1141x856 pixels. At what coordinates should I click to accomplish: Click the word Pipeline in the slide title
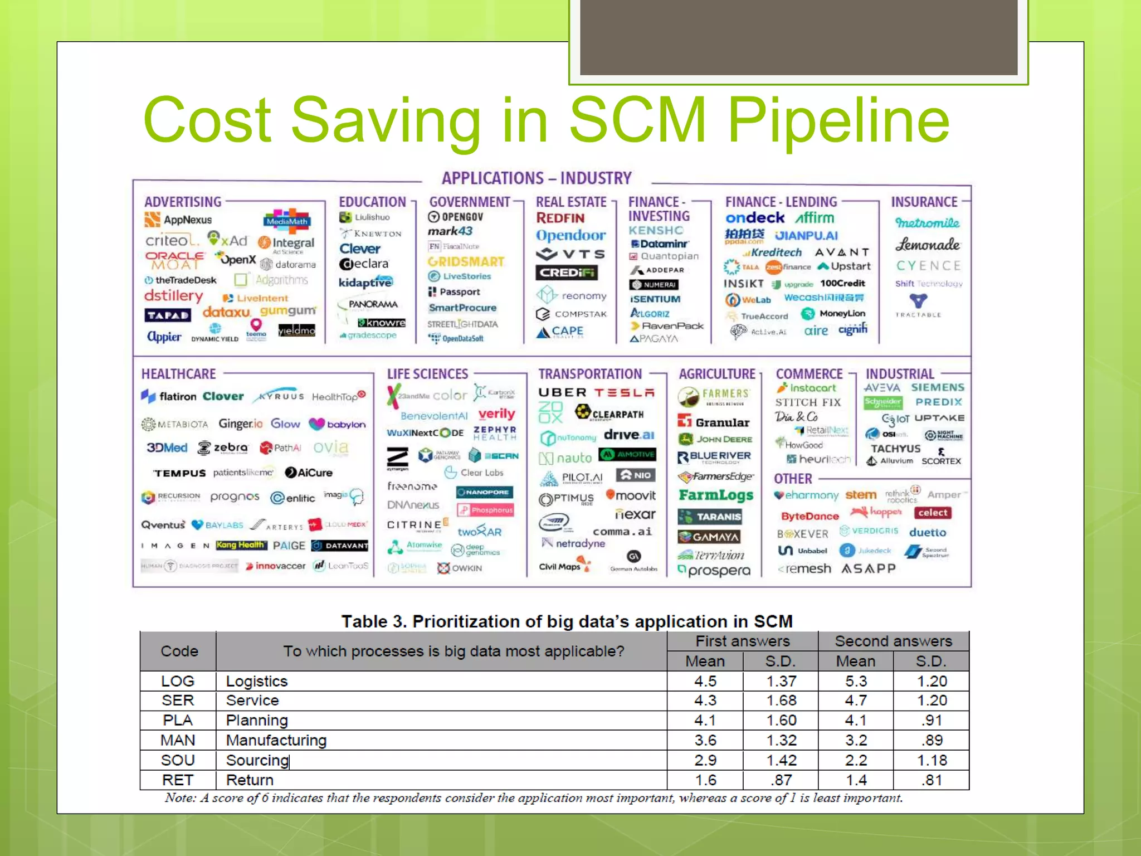(x=838, y=120)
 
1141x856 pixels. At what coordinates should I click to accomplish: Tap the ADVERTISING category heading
(x=183, y=202)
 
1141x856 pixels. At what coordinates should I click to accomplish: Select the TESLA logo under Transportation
(x=624, y=393)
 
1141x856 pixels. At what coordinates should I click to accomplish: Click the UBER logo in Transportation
(x=562, y=393)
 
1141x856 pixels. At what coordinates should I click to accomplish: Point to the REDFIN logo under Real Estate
(x=560, y=218)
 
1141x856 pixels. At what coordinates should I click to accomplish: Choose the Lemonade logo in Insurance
(x=927, y=245)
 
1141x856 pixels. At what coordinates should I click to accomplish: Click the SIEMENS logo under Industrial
(x=937, y=387)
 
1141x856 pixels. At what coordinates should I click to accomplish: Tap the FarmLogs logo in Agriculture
(x=716, y=495)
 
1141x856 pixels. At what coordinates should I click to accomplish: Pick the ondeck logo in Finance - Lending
(x=755, y=218)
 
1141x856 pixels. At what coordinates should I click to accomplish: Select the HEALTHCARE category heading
(x=178, y=374)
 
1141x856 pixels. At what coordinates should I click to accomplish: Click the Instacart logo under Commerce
(x=807, y=388)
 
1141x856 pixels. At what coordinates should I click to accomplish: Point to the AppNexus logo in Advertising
(x=179, y=220)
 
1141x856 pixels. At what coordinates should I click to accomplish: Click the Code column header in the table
(x=179, y=651)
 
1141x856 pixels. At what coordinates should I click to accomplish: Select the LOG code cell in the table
(x=178, y=681)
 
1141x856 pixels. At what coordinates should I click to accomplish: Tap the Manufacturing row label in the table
(x=276, y=740)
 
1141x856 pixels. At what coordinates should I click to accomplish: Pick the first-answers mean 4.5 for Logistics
(x=705, y=681)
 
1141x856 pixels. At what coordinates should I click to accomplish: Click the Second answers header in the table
(x=893, y=641)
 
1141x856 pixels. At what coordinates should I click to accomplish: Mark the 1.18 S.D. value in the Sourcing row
(x=932, y=760)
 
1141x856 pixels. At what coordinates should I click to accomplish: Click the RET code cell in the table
(x=178, y=780)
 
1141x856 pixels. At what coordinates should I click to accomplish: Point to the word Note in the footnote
(x=180, y=798)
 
